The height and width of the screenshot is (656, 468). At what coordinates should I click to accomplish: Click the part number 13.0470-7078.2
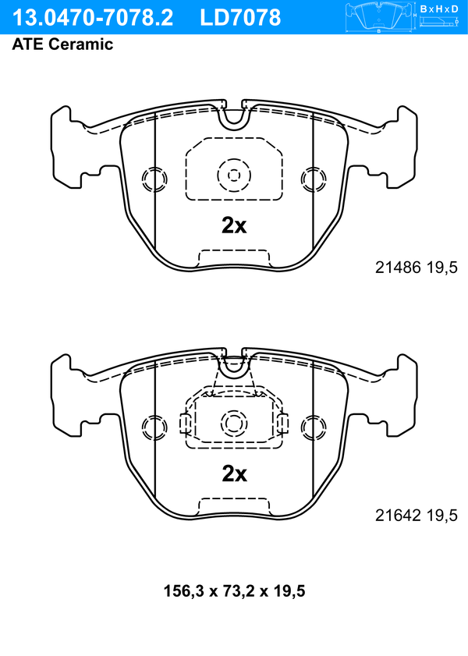93,18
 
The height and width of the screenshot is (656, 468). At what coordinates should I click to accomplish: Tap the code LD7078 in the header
240,18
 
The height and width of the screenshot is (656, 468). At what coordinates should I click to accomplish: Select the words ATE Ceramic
62,44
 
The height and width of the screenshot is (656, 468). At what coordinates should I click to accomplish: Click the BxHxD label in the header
439,9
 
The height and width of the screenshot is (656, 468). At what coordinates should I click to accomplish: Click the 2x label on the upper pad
234,225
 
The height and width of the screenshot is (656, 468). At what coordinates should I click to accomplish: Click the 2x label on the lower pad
234,473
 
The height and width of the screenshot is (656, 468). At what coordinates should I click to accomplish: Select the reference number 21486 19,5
417,268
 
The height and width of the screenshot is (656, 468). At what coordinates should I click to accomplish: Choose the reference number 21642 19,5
417,516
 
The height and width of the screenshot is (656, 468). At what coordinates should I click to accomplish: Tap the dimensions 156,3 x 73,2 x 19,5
234,591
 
